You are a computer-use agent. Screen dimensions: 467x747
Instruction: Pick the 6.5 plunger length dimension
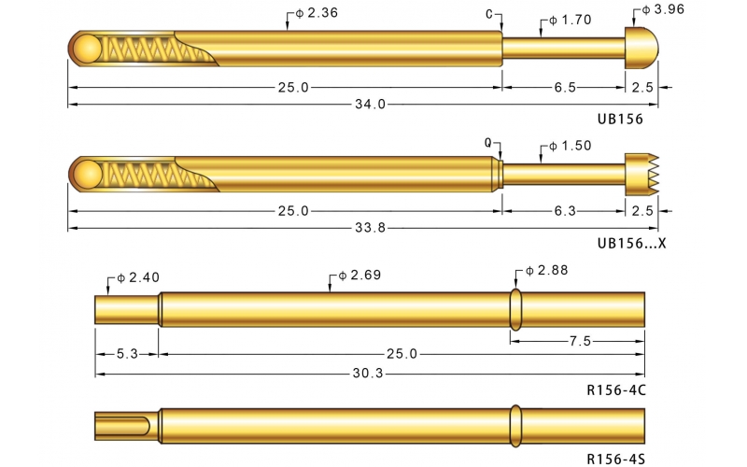(565, 87)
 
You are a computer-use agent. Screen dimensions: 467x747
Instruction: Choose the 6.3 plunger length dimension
(565, 211)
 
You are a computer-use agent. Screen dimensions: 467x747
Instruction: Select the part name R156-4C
(615, 389)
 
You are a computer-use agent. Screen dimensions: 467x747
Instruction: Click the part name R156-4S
(615, 459)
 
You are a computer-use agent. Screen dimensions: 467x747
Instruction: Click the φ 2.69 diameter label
(359, 276)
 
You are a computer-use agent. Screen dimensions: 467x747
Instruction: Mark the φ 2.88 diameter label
(545, 270)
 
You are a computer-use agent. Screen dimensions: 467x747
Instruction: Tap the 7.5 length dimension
(579, 341)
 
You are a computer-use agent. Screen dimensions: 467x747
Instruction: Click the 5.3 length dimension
(128, 354)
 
